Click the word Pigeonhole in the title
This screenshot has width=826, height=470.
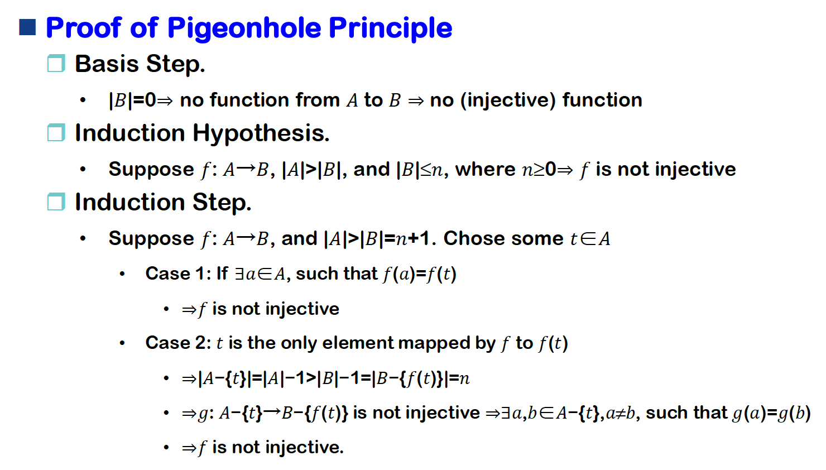[x=244, y=29]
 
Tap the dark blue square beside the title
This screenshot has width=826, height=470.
[x=27, y=27]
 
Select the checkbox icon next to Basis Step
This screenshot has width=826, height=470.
[x=56, y=63]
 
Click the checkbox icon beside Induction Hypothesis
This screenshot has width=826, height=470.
[x=56, y=132]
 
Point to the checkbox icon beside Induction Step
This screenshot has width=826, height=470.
[x=56, y=202]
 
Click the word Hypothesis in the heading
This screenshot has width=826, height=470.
[x=261, y=133]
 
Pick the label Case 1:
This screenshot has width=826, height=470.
[x=178, y=274]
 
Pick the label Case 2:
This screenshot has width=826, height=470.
[x=178, y=343]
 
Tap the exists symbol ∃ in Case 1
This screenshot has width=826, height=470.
[x=239, y=274]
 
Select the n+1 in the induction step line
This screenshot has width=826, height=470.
[x=413, y=239]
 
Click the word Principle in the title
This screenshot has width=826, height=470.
[x=391, y=29]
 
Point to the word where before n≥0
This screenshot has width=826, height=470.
[x=486, y=169]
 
